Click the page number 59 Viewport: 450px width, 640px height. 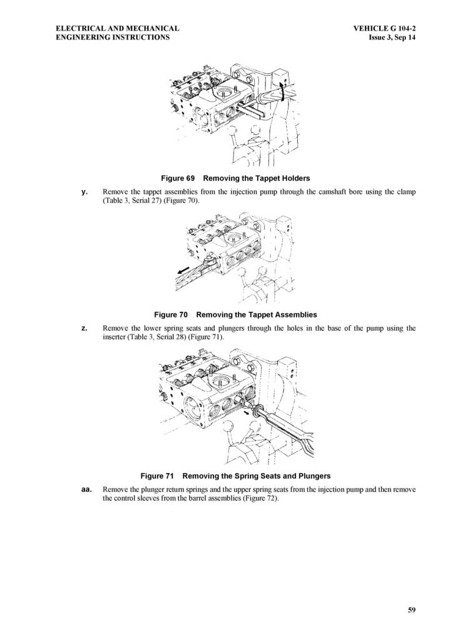tap(411, 611)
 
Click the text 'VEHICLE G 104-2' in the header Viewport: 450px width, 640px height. tap(384, 28)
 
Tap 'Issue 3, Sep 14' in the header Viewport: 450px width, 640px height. tap(392, 37)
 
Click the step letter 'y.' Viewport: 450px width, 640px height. tap(84, 191)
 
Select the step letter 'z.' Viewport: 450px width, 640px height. tap(84, 327)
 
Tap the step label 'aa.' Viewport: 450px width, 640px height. tap(87, 489)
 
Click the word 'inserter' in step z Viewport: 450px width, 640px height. tap(117, 337)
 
